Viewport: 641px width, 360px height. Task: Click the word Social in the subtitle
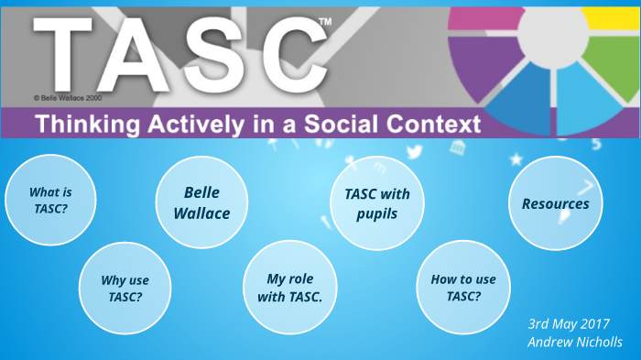click(353, 124)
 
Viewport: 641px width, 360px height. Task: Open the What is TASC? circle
click(50, 200)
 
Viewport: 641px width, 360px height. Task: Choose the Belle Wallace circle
click(201, 202)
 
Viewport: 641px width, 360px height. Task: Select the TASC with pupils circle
click(376, 202)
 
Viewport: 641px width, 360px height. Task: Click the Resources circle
click(555, 203)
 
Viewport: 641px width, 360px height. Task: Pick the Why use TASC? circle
click(125, 288)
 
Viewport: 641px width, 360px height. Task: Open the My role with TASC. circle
click(289, 287)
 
